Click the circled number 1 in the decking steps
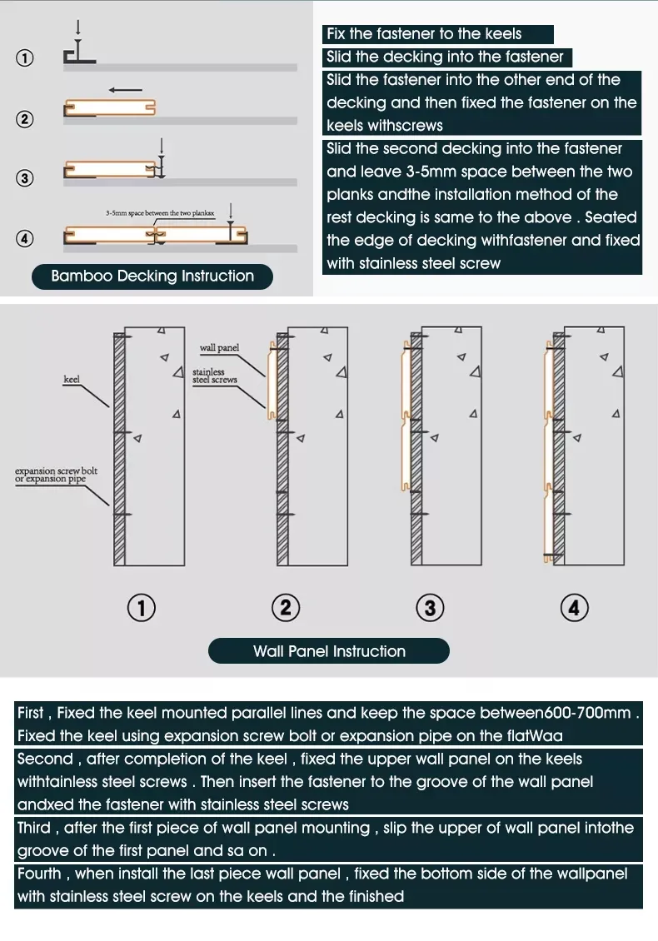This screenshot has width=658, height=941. point(25,58)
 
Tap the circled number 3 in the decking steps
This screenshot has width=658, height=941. point(25,177)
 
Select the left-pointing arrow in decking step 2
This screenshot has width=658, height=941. point(125,90)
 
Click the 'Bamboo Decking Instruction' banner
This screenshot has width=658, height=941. point(152,276)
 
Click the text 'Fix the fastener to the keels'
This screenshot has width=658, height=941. point(424,34)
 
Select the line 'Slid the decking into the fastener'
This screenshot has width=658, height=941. point(445,57)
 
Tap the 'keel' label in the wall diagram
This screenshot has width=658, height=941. point(72,380)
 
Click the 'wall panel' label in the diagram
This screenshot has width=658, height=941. point(219,347)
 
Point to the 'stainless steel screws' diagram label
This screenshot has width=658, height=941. point(214,376)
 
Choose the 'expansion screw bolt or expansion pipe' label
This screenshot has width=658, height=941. point(56,475)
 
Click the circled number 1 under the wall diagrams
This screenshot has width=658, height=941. point(142,608)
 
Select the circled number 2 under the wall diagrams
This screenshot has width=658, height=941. point(286,608)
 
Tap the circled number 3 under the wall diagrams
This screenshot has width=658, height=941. point(430,608)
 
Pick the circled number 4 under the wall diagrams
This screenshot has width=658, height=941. point(574,608)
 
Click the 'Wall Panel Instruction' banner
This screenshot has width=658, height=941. point(329,651)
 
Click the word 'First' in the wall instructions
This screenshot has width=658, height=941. point(33,714)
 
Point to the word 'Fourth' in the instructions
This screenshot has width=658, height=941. point(39,874)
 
